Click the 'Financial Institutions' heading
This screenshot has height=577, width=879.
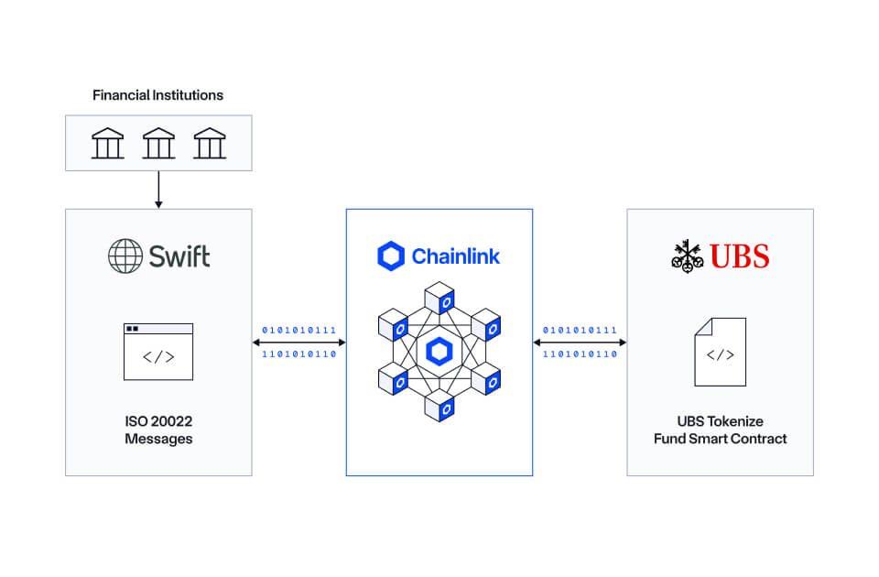point(157,95)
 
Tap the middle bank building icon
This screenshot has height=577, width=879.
point(158,143)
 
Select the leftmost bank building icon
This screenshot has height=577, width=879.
point(108,143)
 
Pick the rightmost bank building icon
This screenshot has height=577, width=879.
point(209,143)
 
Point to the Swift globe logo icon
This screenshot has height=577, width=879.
point(125,256)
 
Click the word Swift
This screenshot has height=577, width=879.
point(179,256)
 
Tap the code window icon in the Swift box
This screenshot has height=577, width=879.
point(158,351)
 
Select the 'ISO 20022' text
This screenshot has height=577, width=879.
point(158,421)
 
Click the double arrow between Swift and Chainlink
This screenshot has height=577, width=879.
point(298,343)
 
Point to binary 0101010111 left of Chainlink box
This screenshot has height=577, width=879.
point(298,330)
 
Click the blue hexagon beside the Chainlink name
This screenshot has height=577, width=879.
point(391,256)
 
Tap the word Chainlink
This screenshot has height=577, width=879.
point(455,256)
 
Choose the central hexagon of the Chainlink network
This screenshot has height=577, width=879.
point(439,351)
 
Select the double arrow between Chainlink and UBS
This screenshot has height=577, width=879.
point(580,343)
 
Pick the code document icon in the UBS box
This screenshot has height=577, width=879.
point(720,351)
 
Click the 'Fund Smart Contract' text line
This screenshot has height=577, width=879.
point(720,439)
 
